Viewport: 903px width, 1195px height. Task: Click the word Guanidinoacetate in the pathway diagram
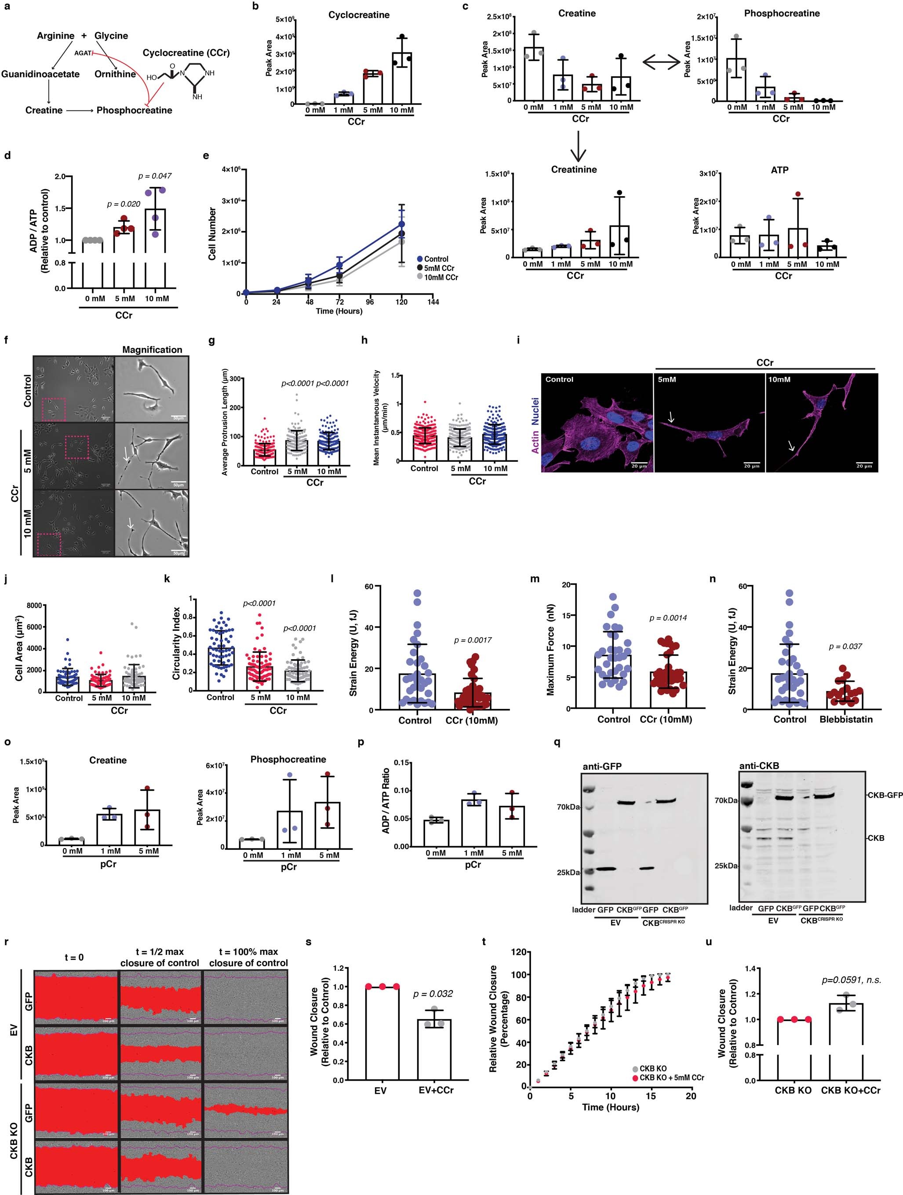[x=40, y=74]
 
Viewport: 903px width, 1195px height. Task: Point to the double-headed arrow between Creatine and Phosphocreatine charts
[x=661, y=62]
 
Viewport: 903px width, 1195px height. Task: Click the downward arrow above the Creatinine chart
[x=578, y=148]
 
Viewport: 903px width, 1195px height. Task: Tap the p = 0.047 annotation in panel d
[x=155, y=176]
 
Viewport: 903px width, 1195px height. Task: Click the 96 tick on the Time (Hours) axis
[x=371, y=302]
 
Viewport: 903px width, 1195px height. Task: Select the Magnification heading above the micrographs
[x=152, y=350]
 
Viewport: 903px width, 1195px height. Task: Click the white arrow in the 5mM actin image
[x=671, y=417]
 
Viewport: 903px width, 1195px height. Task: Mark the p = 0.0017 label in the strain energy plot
[x=473, y=640]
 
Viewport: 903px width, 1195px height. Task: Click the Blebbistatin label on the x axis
[x=846, y=720]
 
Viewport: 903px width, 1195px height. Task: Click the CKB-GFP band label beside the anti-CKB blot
[x=884, y=795]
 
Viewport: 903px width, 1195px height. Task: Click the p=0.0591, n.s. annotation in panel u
[x=851, y=980]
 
